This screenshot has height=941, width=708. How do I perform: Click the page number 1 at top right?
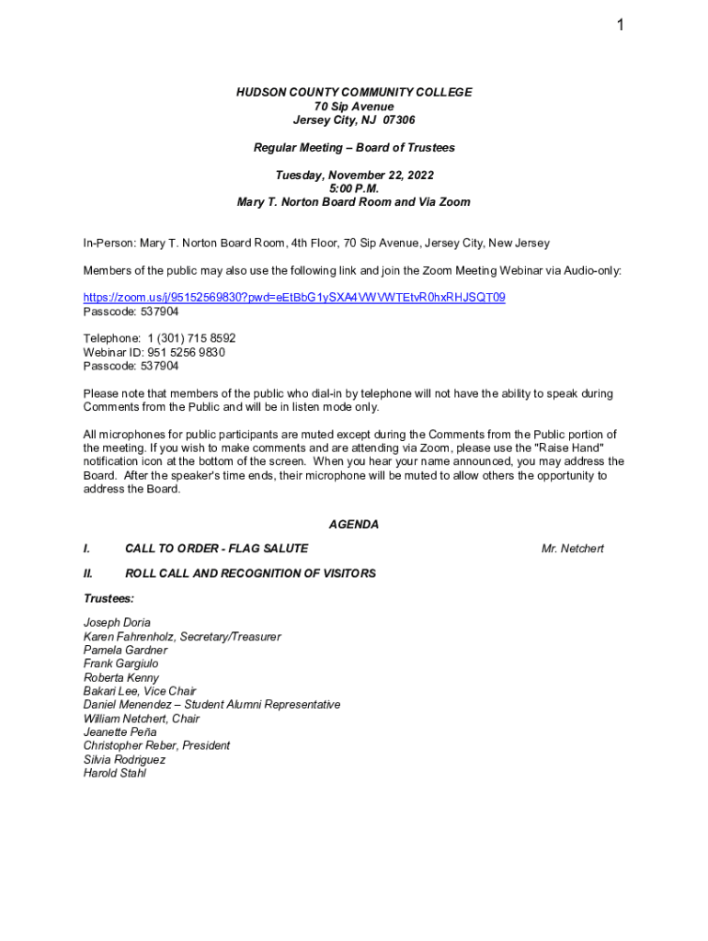[x=621, y=26]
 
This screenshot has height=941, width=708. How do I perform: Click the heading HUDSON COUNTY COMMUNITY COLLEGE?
[x=354, y=93]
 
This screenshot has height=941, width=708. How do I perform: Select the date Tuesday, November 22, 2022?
[x=354, y=175]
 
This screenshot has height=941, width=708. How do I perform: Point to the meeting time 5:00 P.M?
[x=354, y=188]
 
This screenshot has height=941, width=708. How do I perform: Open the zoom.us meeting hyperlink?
[x=294, y=298]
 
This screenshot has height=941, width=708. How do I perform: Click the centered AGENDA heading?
[x=354, y=525]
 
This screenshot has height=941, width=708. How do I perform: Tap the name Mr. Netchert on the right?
[x=572, y=549]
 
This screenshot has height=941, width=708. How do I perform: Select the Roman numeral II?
[x=88, y=573]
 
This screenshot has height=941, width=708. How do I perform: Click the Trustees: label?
[x=108, y=598]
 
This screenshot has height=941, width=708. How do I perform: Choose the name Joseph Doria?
[x=117, y=623]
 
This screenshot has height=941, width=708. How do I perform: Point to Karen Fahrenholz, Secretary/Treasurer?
[x=182, y=637]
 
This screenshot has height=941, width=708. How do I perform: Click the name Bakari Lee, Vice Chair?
[x=140, y=691]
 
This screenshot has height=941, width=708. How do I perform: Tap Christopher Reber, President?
[x=156, y=746]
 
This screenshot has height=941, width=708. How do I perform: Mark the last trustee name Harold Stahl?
[x=115, y=773]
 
